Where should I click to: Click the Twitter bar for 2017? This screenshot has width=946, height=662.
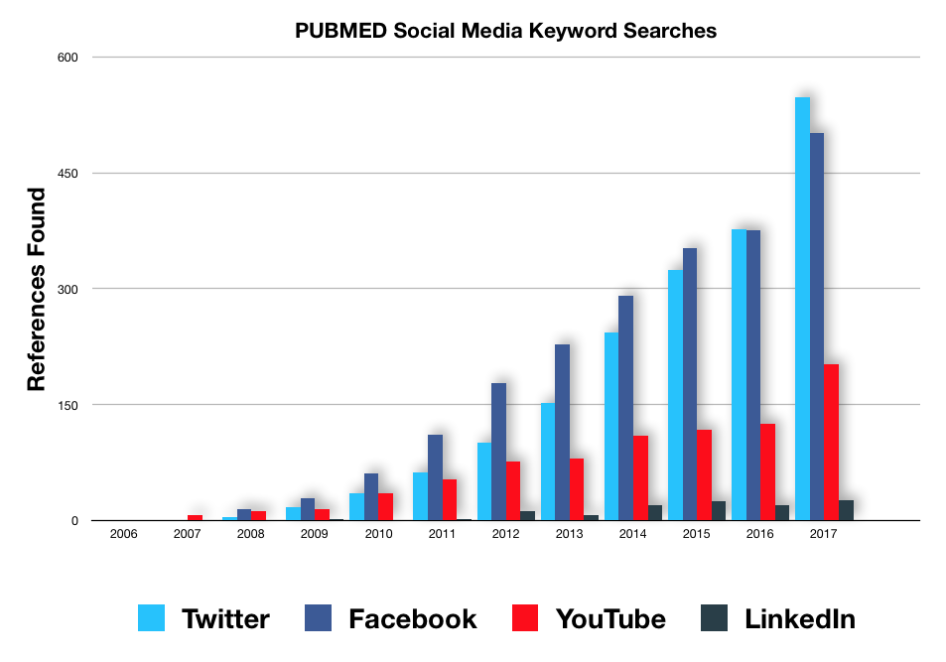pos(802,309)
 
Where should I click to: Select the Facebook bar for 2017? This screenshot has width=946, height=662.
pos(817,327)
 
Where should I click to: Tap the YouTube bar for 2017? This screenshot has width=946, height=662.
pos(832,442)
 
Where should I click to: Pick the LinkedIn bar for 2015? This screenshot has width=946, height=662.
pos(719,510)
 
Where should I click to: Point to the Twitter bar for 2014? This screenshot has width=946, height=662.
pos(611,426)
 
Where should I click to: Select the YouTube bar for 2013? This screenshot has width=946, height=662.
pos(577,488)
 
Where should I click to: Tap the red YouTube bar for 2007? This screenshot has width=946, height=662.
pos(195,517)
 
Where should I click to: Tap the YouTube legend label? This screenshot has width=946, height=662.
pos(610,619)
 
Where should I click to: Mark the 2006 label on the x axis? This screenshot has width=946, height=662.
pos(124,534)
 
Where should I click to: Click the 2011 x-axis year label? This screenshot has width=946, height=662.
pos(442,534)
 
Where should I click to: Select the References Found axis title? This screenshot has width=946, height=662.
pos(37,289)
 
